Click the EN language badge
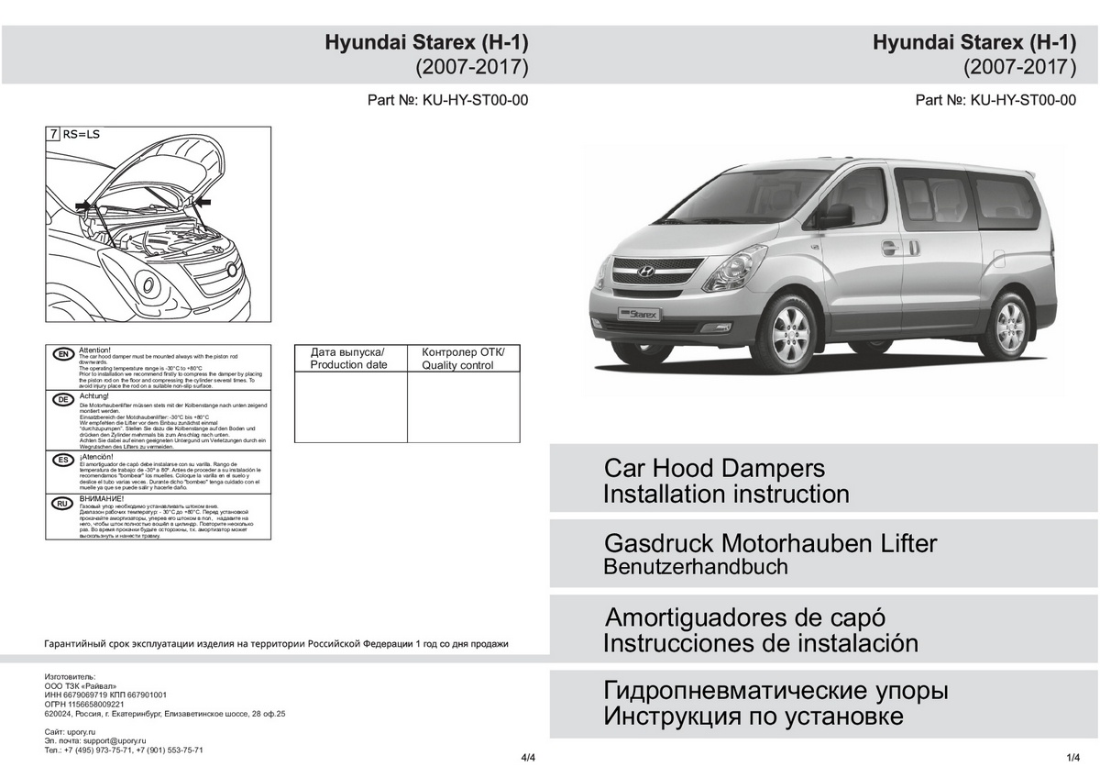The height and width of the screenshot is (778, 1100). (63, 354)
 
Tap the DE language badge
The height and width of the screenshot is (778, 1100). (63, 400)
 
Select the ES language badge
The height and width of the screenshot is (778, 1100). (63, 459)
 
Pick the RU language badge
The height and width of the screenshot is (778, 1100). (63, 504)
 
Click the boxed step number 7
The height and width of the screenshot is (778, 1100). (54, 134)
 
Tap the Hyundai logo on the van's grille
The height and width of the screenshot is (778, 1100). (644, 272)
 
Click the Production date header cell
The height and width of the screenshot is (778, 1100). (349, 359)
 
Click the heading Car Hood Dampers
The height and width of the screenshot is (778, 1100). (714, 468)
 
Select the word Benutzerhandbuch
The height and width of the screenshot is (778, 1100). (696, 567)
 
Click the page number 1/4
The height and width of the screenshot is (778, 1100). (1074, 757)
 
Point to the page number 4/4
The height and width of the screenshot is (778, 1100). (527, 758)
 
